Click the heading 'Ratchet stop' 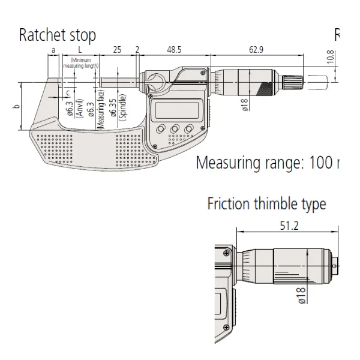tap(57, 35)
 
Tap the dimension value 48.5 tap(175, 49)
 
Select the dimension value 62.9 tap(258, 49)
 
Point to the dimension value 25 tap(118, 49)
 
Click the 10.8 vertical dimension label tap(331, 58)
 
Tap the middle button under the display tap(175, 128)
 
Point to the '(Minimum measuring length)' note tap(84, 62)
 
